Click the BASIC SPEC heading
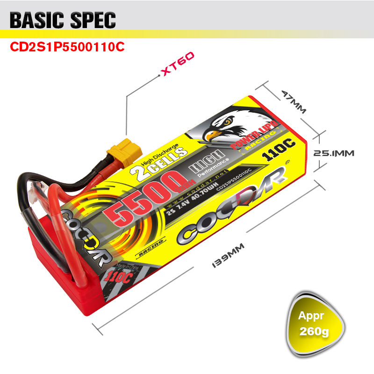point(63,21)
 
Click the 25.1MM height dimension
point(333,153)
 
